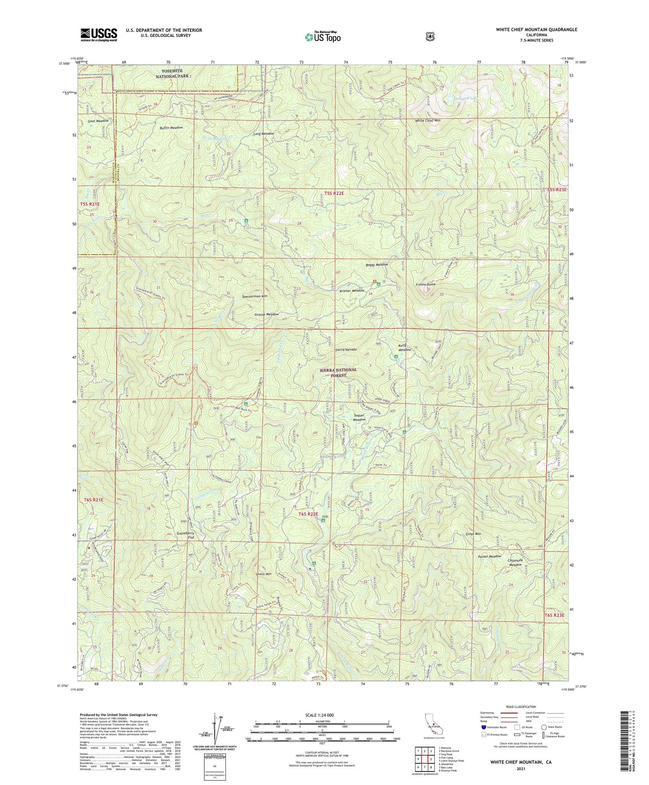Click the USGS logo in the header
pyautogui.click(x=99, y=35)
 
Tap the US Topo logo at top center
pyautogui.click(x=322, y=37)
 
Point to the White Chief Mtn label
pyautogui.click(x=427, y=121)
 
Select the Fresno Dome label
pyautogui.click(x=425, y=285)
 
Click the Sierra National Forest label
pyautogui.click(x=338, y=372)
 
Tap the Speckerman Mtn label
pyautogui.click(x=255, y=297)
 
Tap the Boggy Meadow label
pyautogui.click(x=376, y=265)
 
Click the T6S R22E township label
pyautogui.click(x=308, y=514)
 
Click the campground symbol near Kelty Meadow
pyautogui.click(x=396, y=357)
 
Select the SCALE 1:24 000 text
pyautogui.click(x=319, y=715)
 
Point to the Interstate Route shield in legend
pyautogui.click(x=483, y=727)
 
